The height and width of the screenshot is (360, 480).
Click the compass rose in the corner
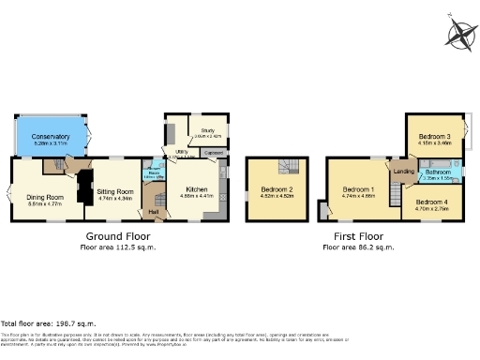coord(460,35)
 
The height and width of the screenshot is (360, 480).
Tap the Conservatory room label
coord(51,138)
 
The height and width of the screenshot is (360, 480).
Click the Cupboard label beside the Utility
coord(214,151)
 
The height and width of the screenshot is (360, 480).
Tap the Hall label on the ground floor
coord(153,211)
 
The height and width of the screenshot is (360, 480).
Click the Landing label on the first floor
coord(403,172)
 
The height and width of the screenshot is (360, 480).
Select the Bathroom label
coord(438,172)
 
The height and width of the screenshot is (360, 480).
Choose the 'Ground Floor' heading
coord(119,236)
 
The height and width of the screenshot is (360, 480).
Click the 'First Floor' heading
coord(358,236)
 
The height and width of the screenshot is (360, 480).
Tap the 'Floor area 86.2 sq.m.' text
coord(358,247)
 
